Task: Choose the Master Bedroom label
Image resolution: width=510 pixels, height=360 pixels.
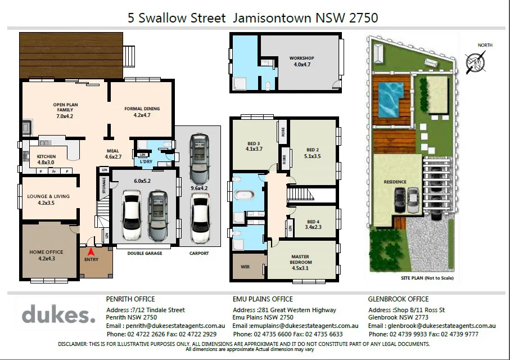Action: click(300, 259)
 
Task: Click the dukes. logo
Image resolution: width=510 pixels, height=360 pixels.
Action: click(58, 314)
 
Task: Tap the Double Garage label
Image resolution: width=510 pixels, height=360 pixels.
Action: click(145, 253)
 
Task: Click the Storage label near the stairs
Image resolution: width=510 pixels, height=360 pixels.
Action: click(104, 187)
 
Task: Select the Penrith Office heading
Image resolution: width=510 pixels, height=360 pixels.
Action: click(130, 299)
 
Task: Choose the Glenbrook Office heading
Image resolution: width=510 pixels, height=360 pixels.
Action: click(398, 299)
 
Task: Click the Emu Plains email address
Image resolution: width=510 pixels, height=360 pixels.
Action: click(295, 326)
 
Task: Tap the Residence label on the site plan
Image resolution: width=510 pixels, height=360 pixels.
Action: click(395, 182)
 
